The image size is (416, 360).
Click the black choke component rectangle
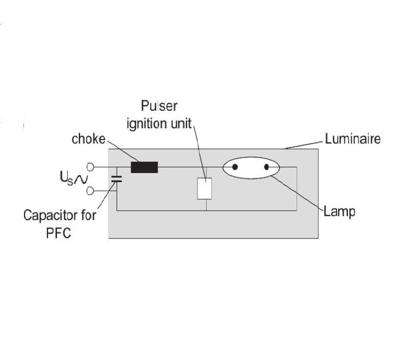(x=144, y=167)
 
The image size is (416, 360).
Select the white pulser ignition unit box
(x=205, y=189)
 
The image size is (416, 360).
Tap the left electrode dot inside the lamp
(x=235, y=167)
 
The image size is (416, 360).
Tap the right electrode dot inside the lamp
(x=266, y=167)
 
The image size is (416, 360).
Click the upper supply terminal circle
(x=90, y=167)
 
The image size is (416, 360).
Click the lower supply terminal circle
(x=90, y=191)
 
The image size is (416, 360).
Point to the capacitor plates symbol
(x=117, y=179)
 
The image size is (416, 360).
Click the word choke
(x=88, y=139)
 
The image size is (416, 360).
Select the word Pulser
(x=159, y=106)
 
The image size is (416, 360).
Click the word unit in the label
(x=181, y=124)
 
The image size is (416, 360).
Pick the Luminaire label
(x=353, y=139)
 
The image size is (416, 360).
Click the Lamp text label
(x=339, y=212)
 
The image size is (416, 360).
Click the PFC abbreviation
(x=59, y=233)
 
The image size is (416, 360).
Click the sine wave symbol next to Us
(x=80, y=180)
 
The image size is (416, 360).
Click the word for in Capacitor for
(x=88, y=215)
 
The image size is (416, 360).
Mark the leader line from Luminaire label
(x=305, y=145)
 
